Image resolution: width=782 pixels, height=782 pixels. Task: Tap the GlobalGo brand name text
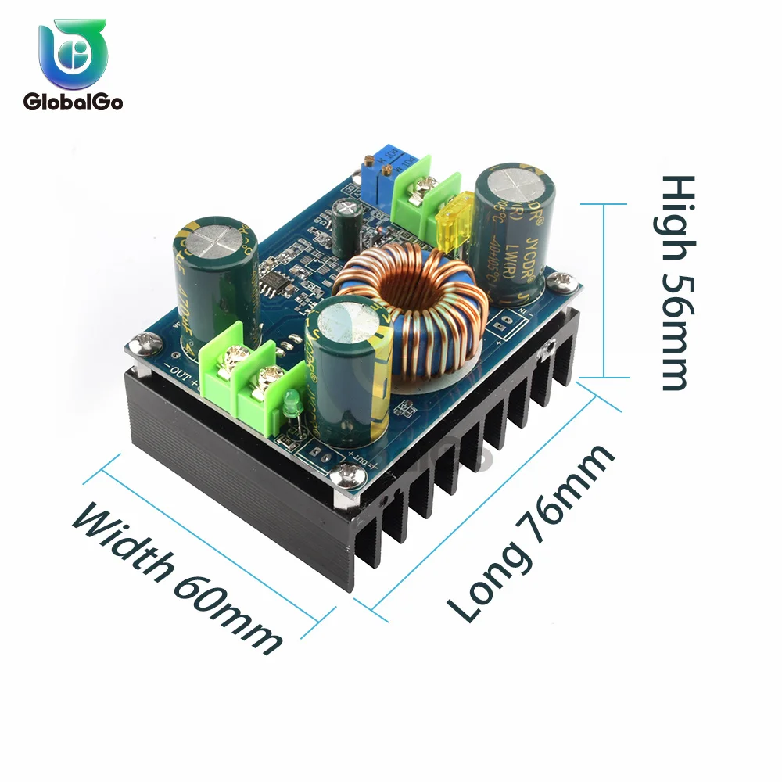coord(73,102)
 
